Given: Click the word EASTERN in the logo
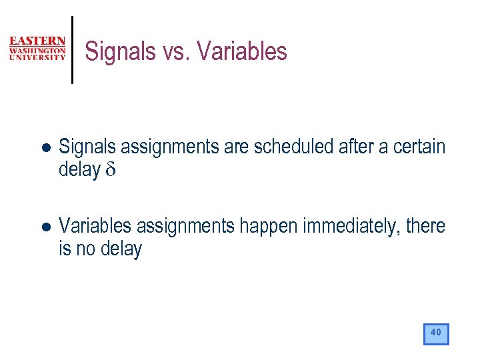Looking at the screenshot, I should pyautogui.click(x=37, y=41).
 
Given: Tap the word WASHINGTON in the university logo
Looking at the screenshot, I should pyautogui.click(x=37, y=50).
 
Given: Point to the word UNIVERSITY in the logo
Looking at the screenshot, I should pyautogui.click(x=37, y=57).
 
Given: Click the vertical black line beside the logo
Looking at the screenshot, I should pyautogui.click(x=72, y=50).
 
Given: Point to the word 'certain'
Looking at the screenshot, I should pyautogui.click(x=420, y=147).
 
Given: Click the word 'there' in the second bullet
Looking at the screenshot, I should pyautogui.click(x=425, y=226).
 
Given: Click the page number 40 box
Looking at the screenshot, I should pyautogui.click(x=436, y=333).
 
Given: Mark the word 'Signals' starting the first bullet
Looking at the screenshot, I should pyautogui.click(x=85, y=147).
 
